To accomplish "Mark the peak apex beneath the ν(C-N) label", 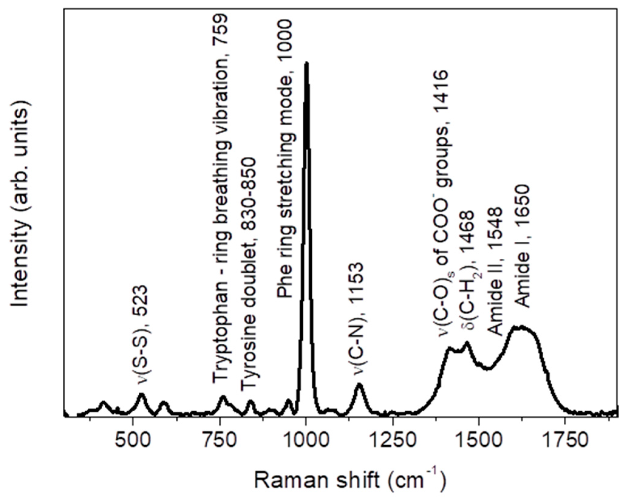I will (x=359, y=384).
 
